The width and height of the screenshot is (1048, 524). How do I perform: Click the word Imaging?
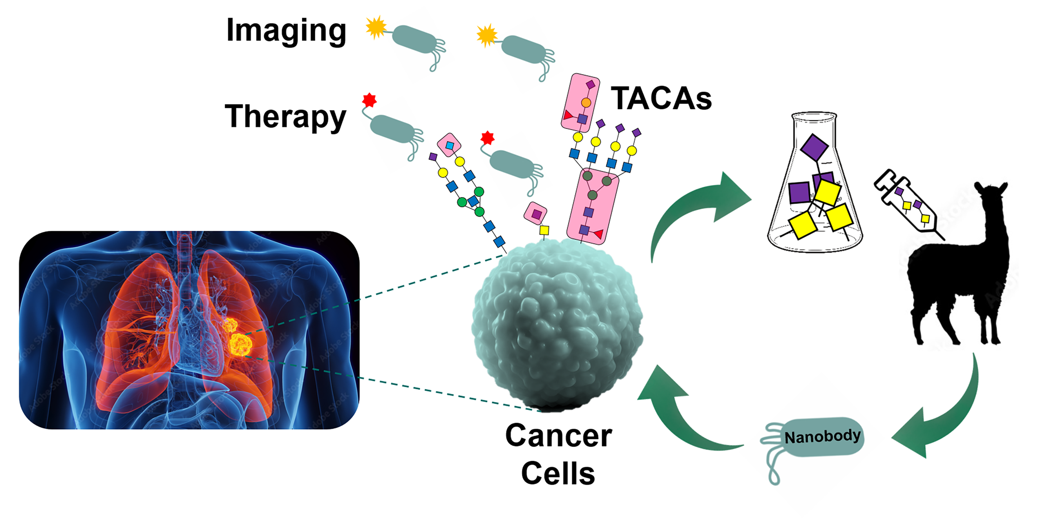click(x=286, y=31)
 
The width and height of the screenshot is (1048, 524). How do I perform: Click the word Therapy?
click(x=285, y=116)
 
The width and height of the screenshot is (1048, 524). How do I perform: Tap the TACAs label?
click(x=661, y=99)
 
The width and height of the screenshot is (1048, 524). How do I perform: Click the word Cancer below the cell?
click(x=559, y=436)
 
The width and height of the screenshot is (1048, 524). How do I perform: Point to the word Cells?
click(x=558, y=474)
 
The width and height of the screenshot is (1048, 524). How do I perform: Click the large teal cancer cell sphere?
click(x=557, y=324)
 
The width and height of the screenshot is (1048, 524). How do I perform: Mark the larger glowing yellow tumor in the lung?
click(x=240, y=345)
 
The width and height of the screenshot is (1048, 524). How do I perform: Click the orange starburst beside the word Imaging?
click(x=376, y=28)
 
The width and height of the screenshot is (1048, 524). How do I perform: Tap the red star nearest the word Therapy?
click(x=369, y=100)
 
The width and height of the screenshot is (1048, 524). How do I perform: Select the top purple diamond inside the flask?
click(x=814, y=147)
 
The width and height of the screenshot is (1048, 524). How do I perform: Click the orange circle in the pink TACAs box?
click(x=586, y=103)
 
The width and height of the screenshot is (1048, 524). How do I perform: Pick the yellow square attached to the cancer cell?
click(x=544, y=231)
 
